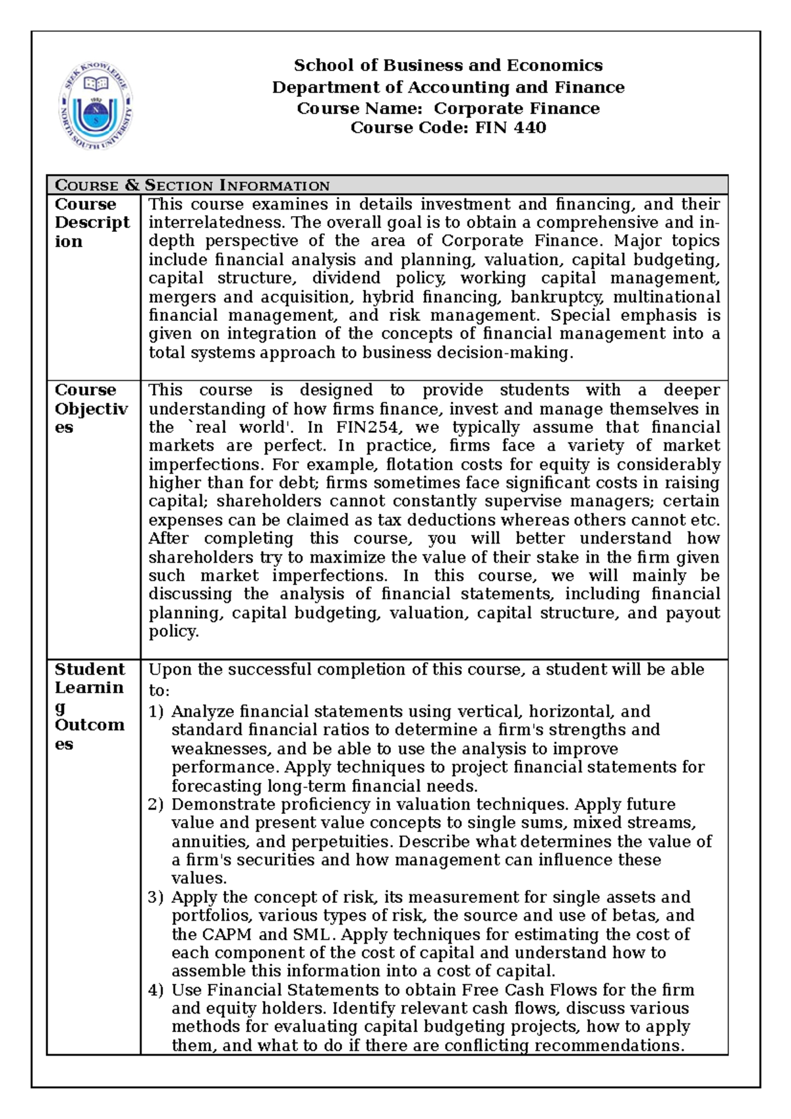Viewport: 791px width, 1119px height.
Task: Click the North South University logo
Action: coord(98,105)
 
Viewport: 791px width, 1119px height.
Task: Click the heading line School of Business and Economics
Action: coord(448,65)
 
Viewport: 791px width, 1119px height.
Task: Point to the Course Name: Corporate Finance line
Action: coord(448,108)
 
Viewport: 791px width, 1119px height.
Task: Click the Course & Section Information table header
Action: coord(192,185)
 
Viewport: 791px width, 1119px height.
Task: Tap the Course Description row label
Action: coord(92,223)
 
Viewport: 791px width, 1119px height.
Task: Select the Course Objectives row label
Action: coord(91,409)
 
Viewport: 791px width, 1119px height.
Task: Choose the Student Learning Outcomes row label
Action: coord(90,706)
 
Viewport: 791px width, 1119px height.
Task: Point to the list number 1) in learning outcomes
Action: coord(156,712)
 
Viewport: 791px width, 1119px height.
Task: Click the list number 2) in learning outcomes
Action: coord(156,805)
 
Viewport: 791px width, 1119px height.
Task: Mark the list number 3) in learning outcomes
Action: coord(156,898)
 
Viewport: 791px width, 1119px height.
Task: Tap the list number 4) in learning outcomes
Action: coord(156,990)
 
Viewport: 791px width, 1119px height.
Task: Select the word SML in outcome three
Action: coord(314,934)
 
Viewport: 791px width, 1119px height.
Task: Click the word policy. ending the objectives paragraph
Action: coord(173,631)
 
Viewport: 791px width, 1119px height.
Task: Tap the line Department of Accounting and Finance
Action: coord(448,87)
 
